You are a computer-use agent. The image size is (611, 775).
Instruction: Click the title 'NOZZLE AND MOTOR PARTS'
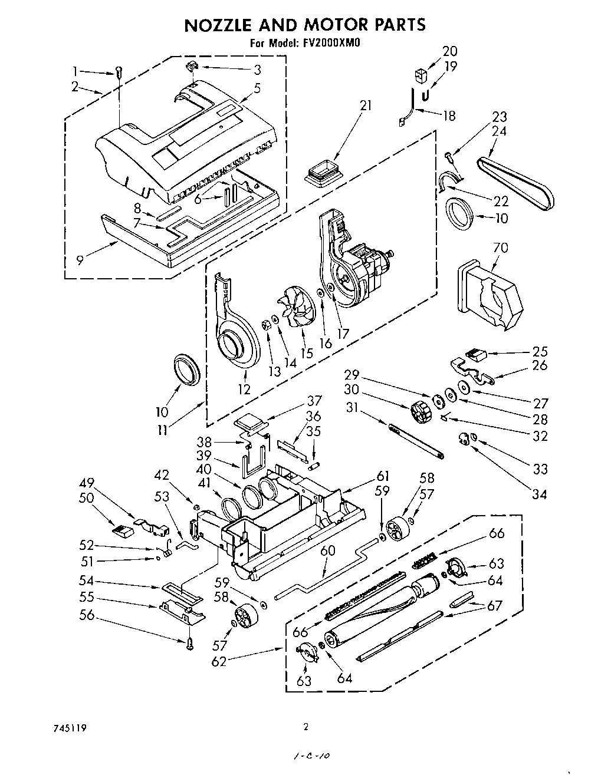click(x=305, y=24)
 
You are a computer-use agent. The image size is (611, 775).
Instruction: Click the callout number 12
click(x=244, y=389)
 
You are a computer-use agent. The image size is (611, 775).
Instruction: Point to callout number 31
click(x=352, y=407)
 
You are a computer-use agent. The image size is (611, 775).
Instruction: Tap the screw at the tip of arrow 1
click(x=119, y=73)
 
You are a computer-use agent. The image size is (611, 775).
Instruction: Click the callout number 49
click(x=87, y=483)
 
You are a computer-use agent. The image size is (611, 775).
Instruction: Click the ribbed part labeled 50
click(x=122, y=531)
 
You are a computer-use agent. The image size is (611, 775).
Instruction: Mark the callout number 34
click(x=538, y=494)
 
